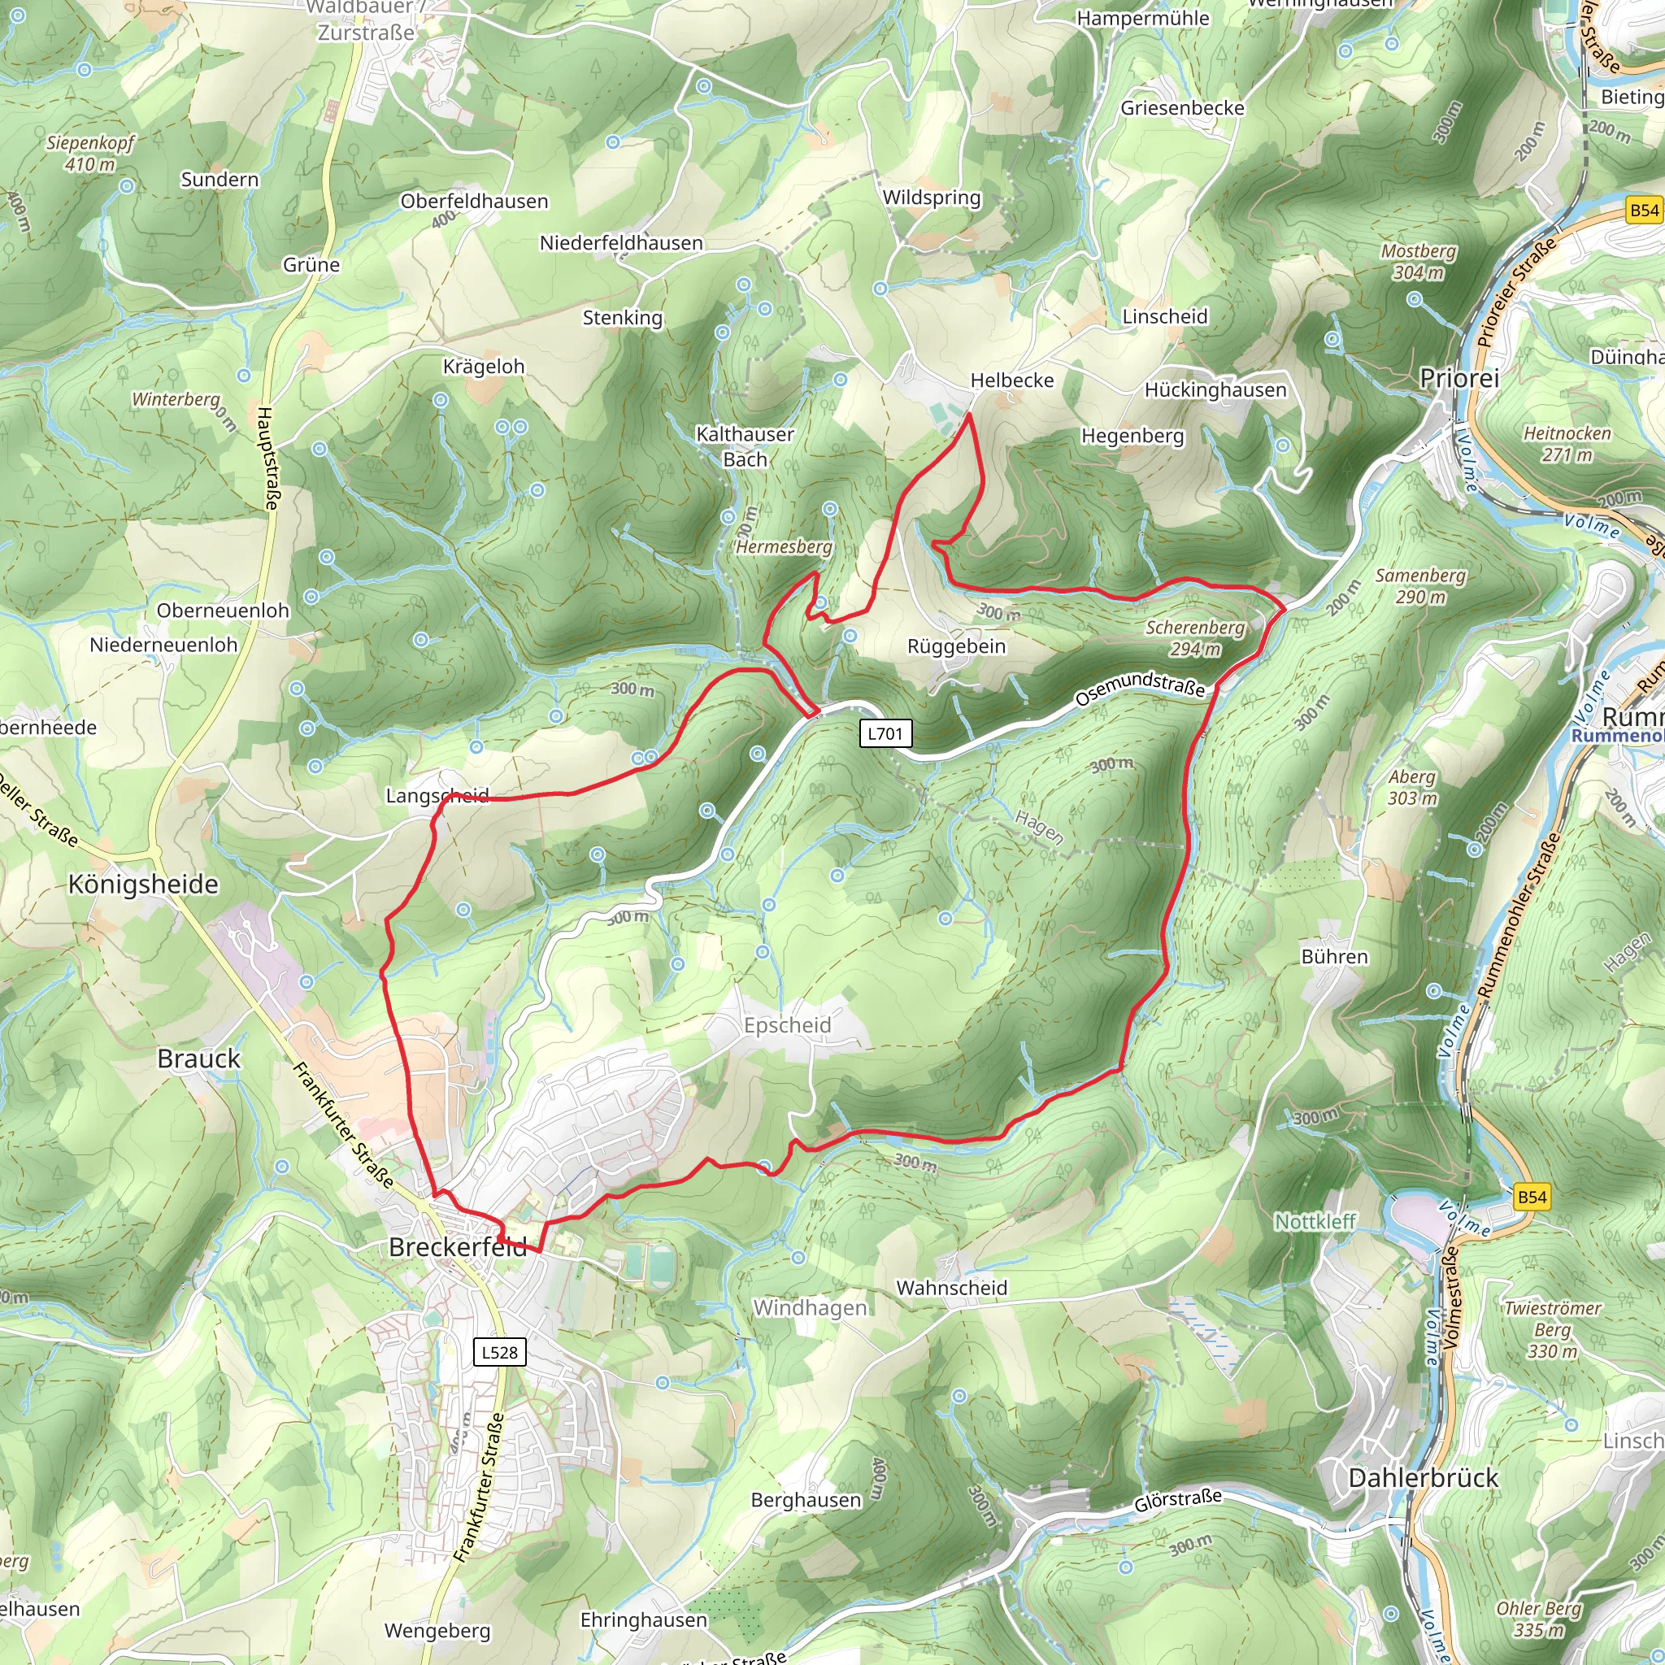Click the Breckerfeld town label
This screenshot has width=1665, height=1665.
click(x=457, y=1247)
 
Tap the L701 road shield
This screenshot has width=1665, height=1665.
click(x=885, y=733)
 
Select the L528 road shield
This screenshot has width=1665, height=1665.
click(x=500, y=1351)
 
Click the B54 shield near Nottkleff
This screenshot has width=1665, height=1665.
click(x=1532, y=1197)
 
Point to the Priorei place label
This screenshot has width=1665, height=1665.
click(x=1459, y=377)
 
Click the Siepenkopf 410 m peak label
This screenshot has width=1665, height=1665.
click(x=89, y=153)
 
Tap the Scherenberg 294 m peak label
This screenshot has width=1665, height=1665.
click(x=1194, y=637)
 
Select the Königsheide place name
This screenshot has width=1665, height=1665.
click(x=143, y=885)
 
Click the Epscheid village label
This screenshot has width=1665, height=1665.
click(x=787, y=1025)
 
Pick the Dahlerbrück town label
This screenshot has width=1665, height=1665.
click(x=1423, y=1478)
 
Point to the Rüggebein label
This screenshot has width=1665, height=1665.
click(x=956, y=646)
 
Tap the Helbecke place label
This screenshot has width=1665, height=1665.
click(x=1011, y=380)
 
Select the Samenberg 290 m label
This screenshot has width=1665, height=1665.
click(x=1420, y=585)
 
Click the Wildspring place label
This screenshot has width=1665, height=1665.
click(x=932, y=198)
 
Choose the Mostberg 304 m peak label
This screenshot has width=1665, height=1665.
click(x=1419, y=261)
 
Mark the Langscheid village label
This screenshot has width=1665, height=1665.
click(x=437, y=795)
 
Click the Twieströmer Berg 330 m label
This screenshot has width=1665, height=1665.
click(x=1552, y=1329)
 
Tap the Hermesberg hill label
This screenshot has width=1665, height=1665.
click(x=785, y=546)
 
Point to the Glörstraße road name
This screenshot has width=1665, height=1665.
click(x=1177, y=1501)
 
